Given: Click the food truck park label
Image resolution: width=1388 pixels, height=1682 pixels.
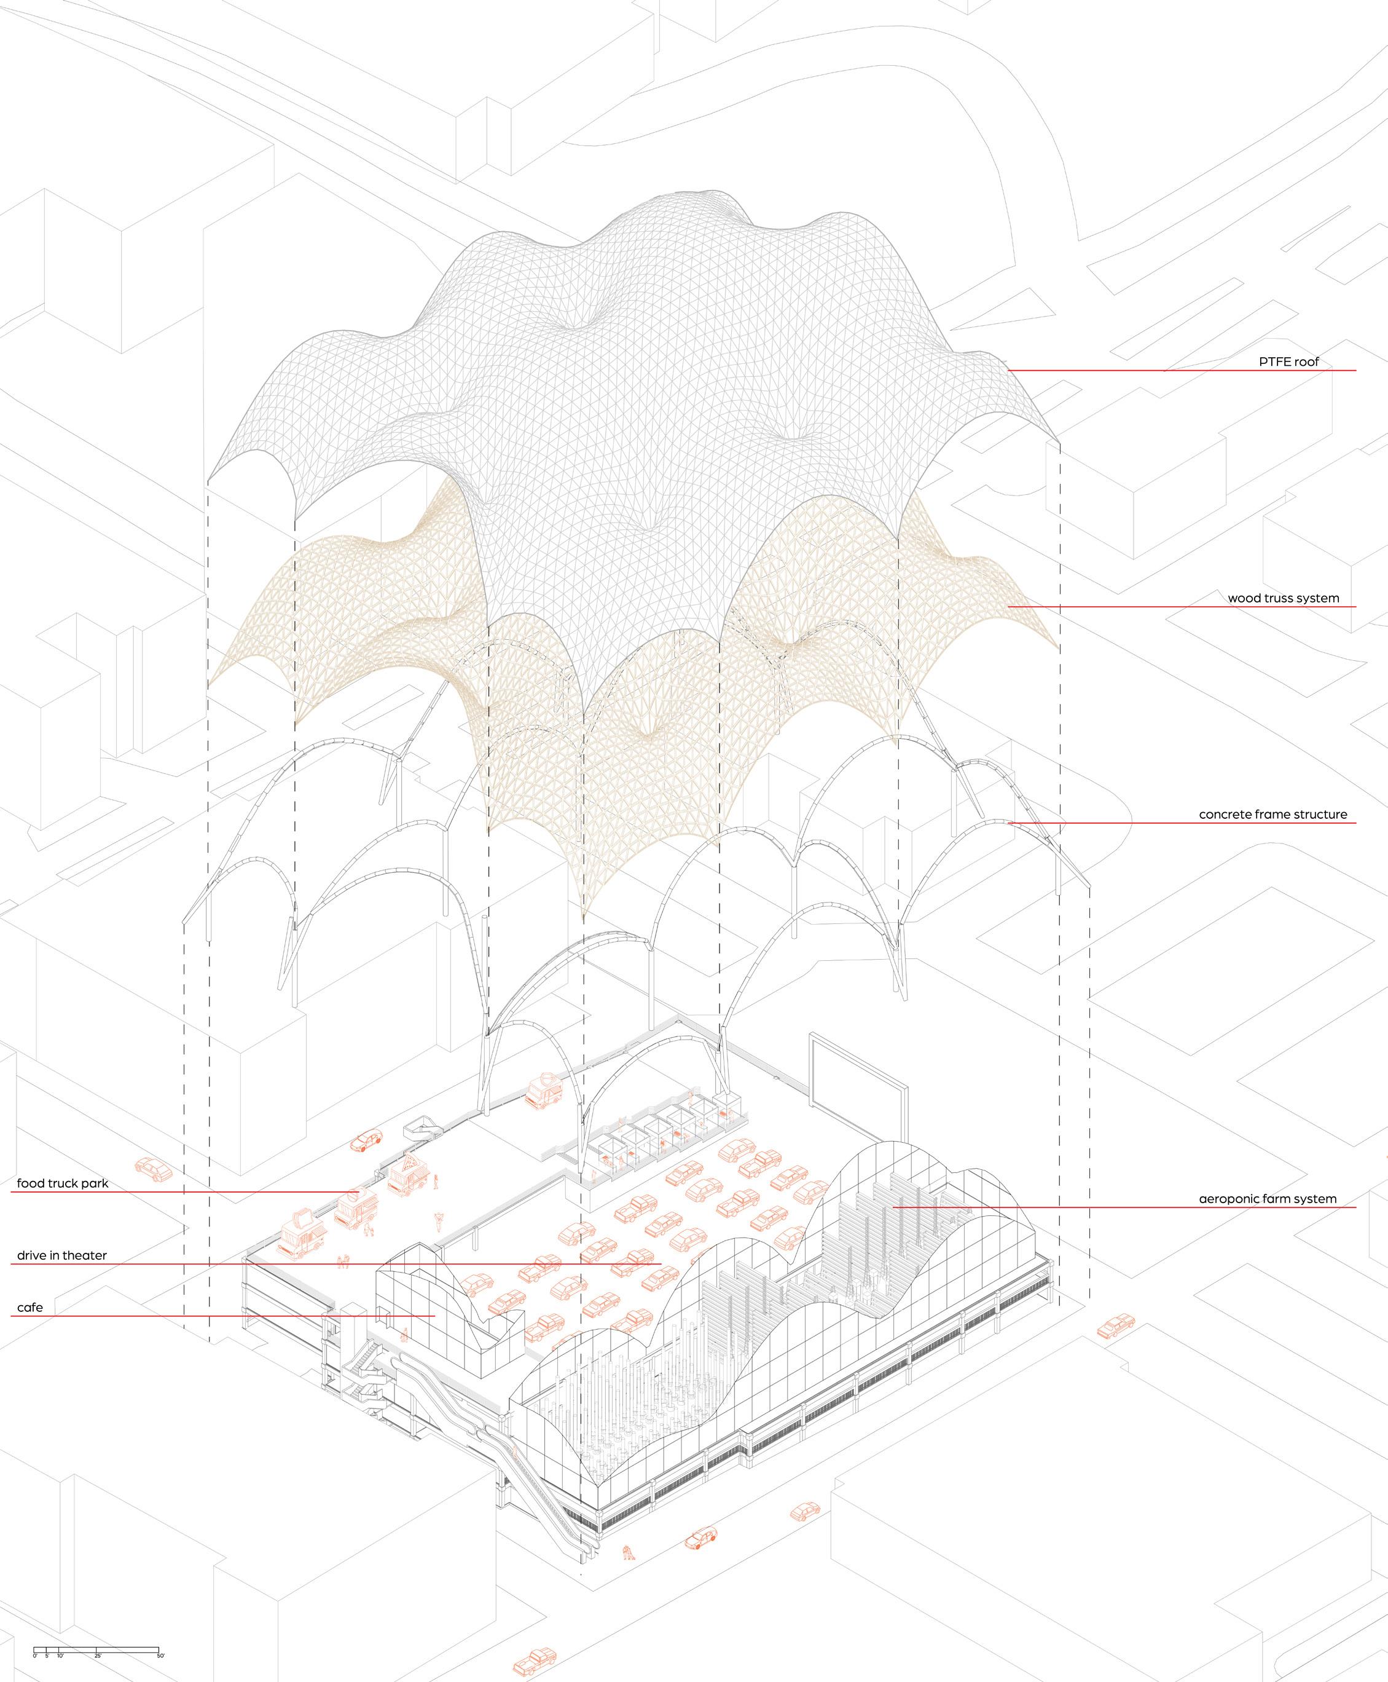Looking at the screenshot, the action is click(62, 1183).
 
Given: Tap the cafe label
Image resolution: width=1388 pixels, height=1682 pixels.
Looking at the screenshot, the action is click(30, 1307).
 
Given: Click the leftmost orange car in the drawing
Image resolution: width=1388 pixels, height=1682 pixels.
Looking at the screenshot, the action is click(154, 1169).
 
